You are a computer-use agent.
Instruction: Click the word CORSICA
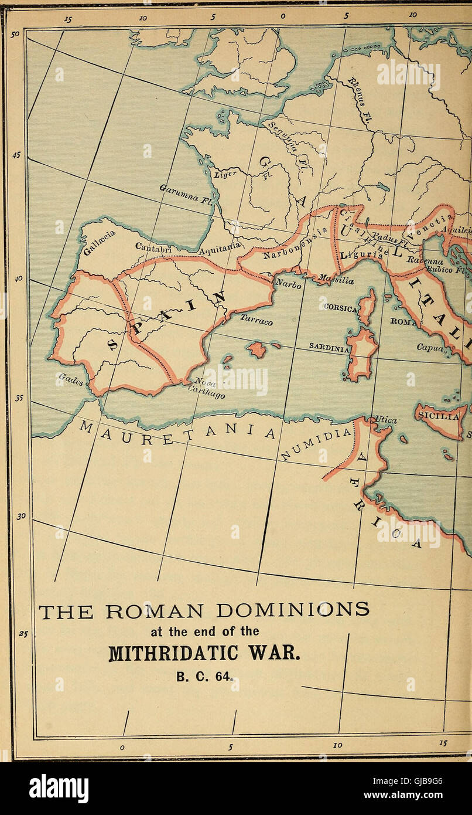[338, 306]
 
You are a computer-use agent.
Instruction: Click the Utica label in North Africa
[385, 420]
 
